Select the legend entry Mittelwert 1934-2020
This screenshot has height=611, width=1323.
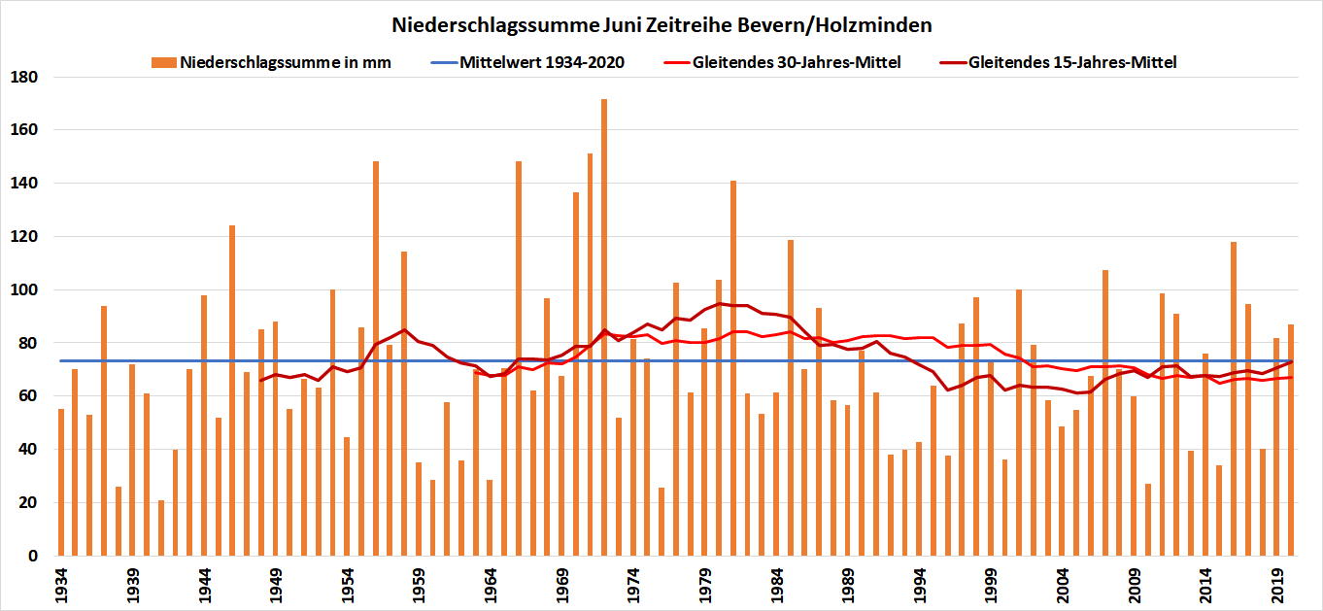coord(542,63)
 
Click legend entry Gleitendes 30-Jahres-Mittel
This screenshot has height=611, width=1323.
coord(797,63)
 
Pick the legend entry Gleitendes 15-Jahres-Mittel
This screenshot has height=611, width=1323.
coord(1073,63)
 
